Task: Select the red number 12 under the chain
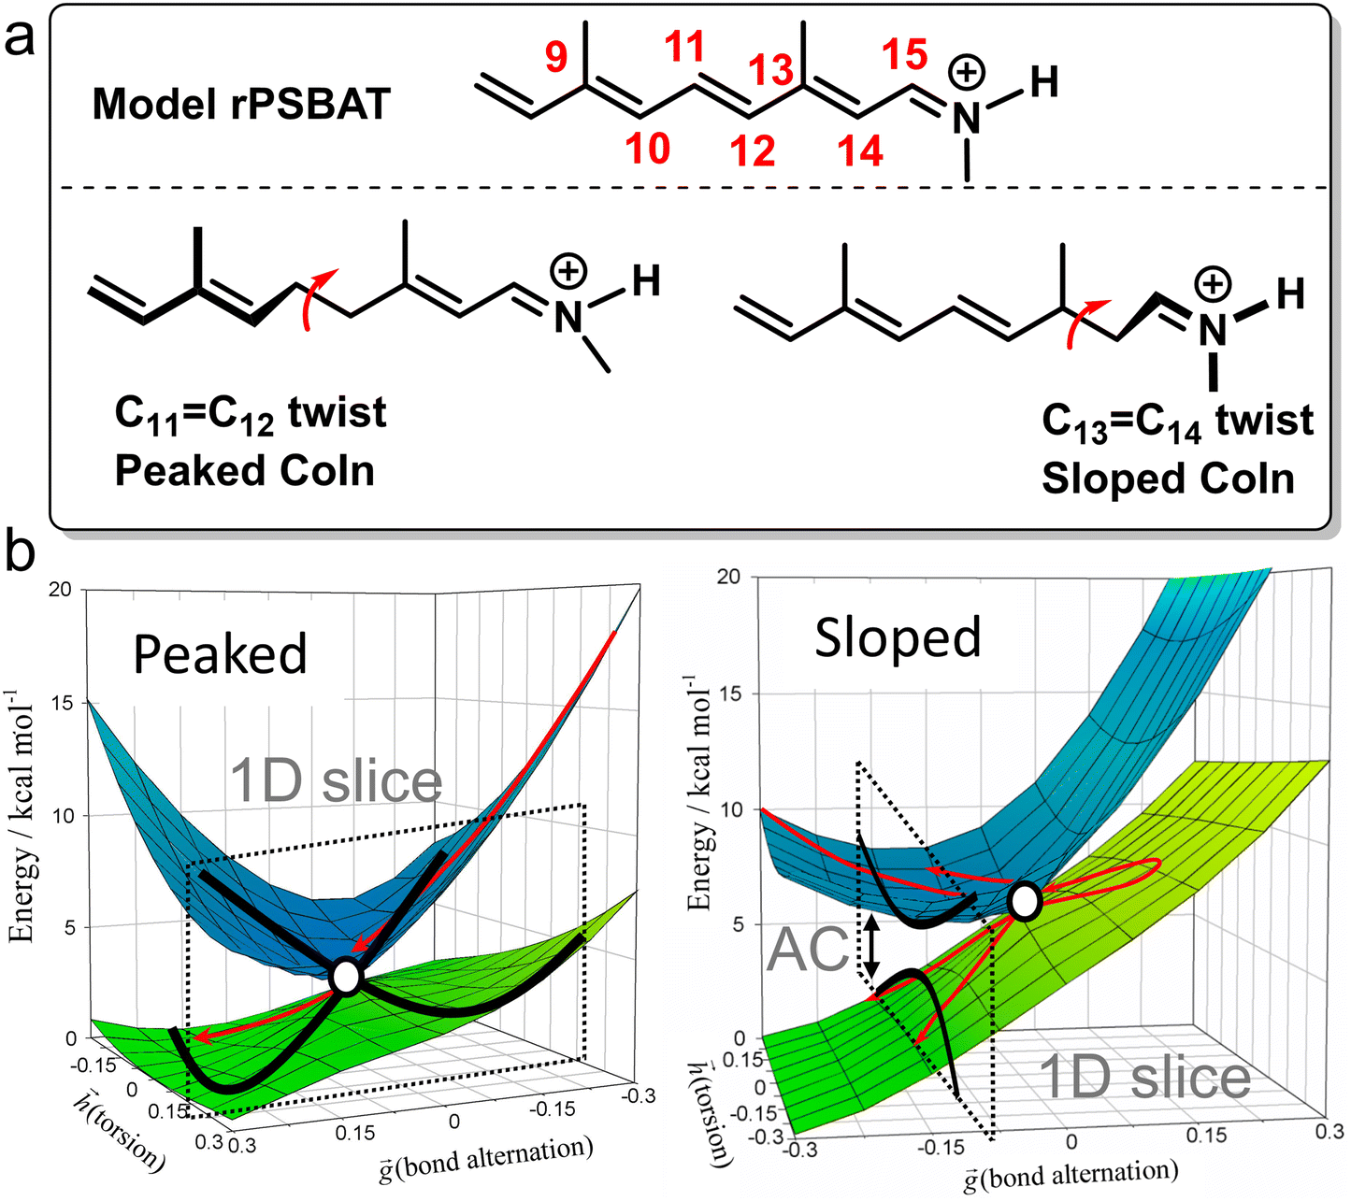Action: click(x=754, y=150)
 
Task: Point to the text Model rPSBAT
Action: click(x=240, y=104)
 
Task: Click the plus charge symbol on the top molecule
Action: click(x=968, y=72)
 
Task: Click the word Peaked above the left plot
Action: click(x=220, y=653)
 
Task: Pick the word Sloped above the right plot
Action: click(x=898, y=638)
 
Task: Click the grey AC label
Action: click(x=809, y=950)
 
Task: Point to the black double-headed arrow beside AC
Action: click(x=870, y=947)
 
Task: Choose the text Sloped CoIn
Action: click(x=1168, y=479)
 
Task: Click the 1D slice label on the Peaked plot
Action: click(x=337, y=781)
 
